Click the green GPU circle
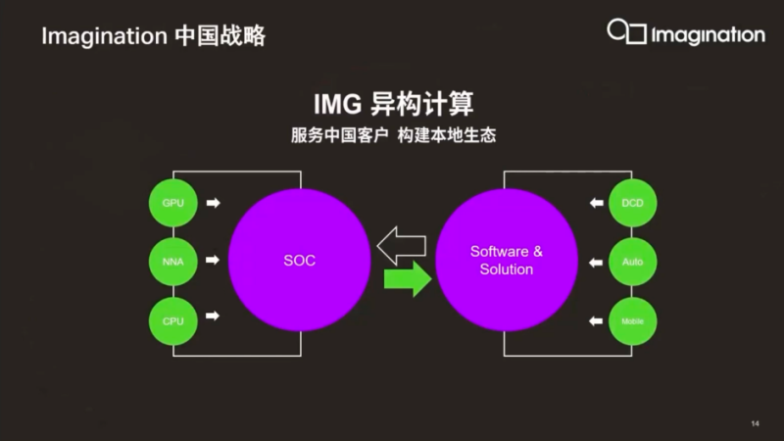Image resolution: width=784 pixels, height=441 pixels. (172, 204)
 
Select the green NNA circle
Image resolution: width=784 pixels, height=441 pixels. (172, 262)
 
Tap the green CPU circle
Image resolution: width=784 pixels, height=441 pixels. (172, 318)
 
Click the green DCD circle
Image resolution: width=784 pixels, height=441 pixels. (632, 204)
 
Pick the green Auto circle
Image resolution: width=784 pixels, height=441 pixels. (632, 262)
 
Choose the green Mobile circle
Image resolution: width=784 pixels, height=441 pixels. (632, 320)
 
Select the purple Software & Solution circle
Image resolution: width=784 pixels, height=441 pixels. (506, 261)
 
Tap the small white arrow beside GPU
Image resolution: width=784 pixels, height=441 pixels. (214, 203)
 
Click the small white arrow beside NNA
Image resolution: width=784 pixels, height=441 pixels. (214, 261)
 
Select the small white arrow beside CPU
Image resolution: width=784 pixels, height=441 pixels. (214, 317)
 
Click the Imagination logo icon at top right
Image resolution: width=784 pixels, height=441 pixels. (626, 32)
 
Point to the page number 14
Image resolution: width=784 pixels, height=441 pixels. (755, 423)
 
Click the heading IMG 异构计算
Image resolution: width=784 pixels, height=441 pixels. (392, 103)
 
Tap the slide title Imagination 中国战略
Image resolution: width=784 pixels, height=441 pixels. (153, 36)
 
